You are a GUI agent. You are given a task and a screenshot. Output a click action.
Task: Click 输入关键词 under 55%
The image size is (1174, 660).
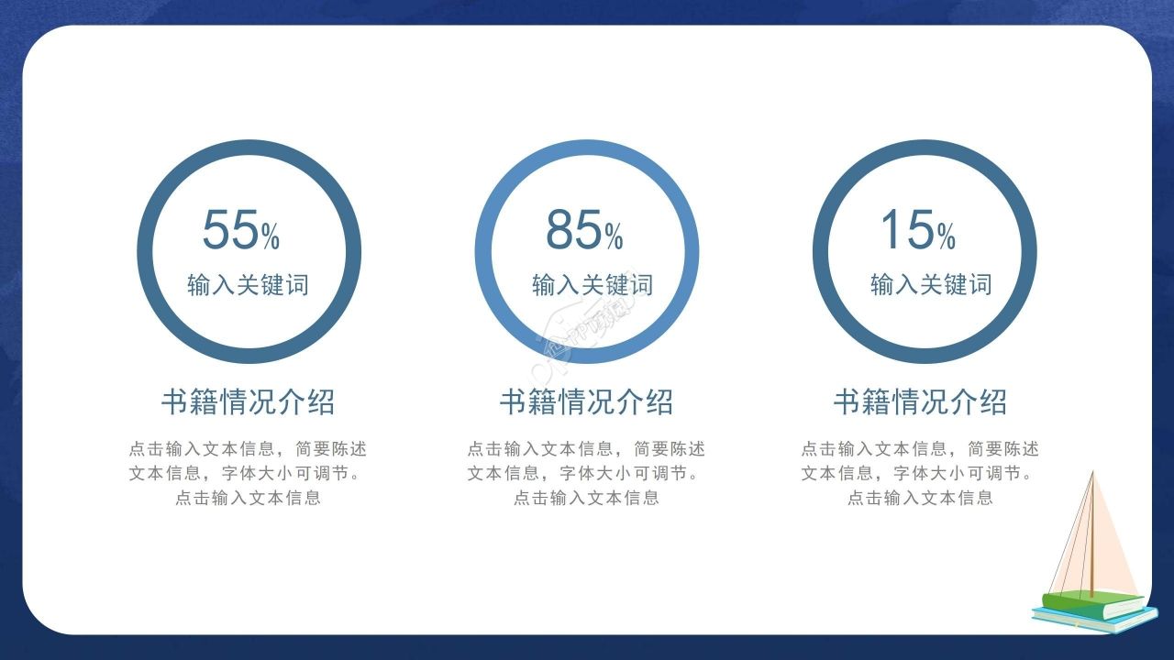(248, 285)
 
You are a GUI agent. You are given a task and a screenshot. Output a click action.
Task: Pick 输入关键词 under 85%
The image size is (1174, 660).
(593, 285)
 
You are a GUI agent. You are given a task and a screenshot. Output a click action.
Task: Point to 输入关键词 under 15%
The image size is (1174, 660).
(931, 285)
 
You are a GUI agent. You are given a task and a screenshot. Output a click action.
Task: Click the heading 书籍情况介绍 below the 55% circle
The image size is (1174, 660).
(248, 401)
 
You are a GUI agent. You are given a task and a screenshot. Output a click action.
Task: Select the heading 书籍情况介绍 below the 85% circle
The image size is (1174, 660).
(586, 401)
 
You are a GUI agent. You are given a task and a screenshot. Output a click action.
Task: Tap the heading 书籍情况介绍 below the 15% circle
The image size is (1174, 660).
(920, 401)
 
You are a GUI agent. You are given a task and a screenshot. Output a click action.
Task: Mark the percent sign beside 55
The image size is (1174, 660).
(271, 237)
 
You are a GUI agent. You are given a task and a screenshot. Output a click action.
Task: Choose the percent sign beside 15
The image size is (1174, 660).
(947, 237)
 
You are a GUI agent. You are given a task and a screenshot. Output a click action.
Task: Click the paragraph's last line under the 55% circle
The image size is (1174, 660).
(248, 499)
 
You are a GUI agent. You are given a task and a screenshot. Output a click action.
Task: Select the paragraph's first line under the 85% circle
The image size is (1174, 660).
(586, 449)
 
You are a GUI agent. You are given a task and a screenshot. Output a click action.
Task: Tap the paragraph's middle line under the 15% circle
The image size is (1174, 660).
(920, 474)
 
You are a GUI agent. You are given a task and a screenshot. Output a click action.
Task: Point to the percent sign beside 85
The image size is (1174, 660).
(614, 237)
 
